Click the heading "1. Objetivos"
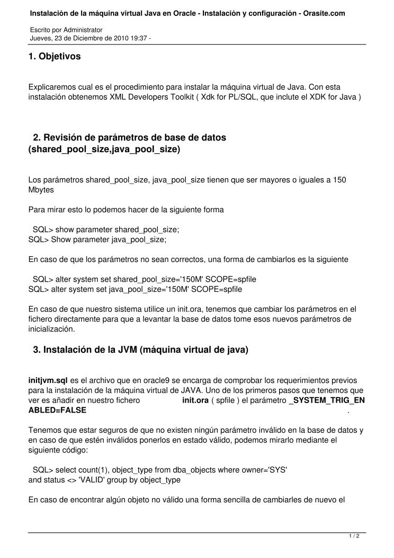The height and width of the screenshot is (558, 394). (55, 56)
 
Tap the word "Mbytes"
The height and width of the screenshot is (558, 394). (41, 189)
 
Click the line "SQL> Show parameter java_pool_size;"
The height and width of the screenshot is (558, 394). (97, 240)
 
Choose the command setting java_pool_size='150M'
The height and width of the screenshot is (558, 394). (135, 289)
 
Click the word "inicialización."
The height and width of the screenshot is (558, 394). (52, 329)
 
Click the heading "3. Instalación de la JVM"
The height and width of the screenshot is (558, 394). (140, 350)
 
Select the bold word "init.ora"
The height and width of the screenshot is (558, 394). (195, 400)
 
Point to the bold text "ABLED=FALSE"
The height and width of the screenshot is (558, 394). (57, 410)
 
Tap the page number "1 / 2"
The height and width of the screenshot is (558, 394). (354, 536)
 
